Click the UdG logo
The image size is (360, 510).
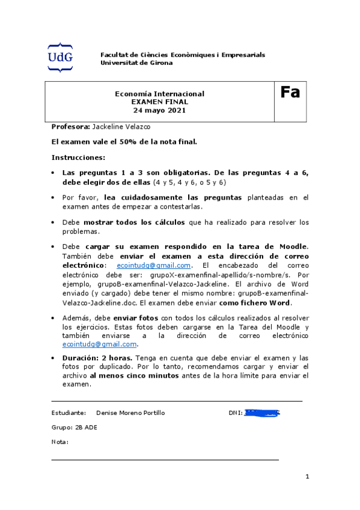(x=60, y=58)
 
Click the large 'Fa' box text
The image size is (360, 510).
(x=290, y=93)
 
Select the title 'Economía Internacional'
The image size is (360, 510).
(x=159, y=94)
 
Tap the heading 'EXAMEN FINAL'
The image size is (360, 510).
(x=159, y=102)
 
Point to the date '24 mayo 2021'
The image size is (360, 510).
(x=159, y=111)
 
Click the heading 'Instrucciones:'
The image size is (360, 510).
(x=78, y=158)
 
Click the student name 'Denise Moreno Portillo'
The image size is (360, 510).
(x=130, y=413)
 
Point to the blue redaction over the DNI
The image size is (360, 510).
(x=263, y=413)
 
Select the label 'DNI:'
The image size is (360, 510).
(x=235, y=413)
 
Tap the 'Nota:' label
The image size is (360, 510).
(x=60, y=442)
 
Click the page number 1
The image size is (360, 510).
(x=307, y=477)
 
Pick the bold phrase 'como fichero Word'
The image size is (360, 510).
(x=255, y=303)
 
